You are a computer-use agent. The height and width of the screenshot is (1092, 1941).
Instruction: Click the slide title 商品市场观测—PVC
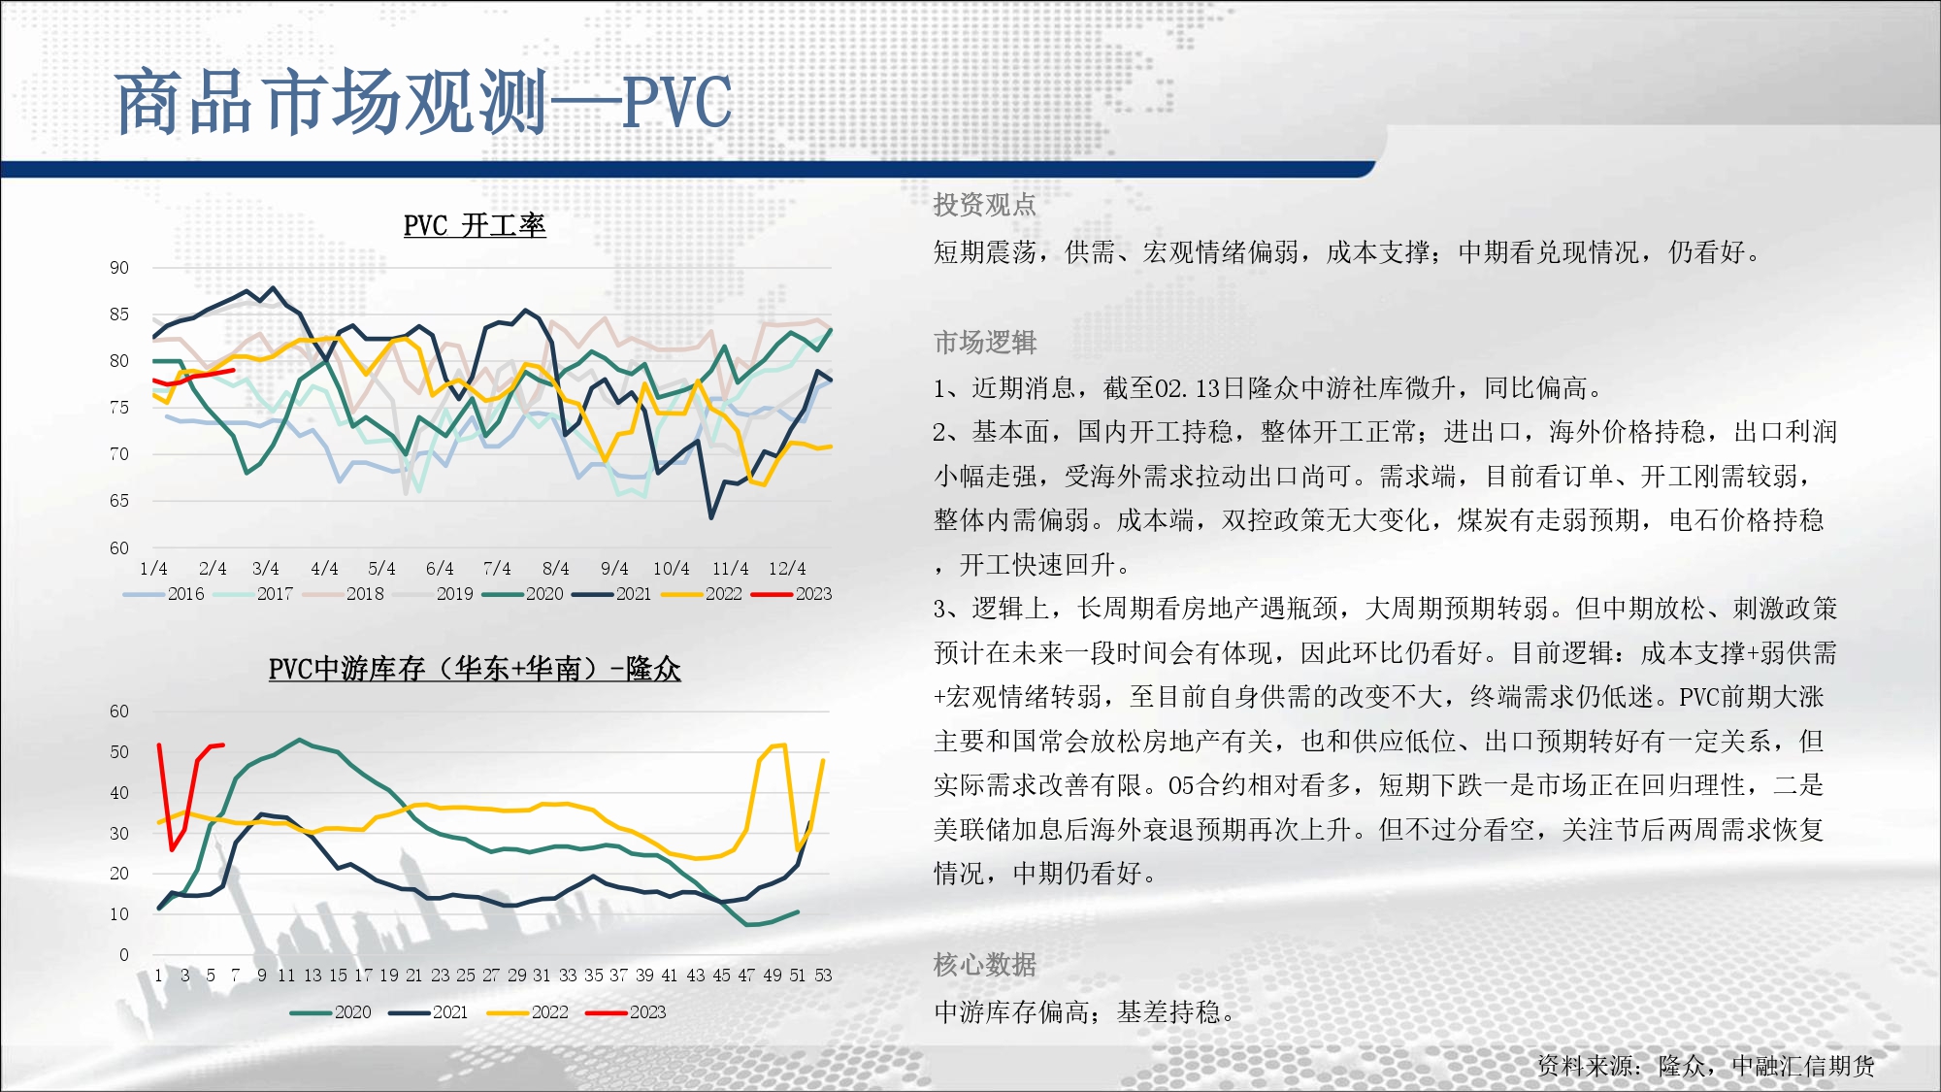point(423,102)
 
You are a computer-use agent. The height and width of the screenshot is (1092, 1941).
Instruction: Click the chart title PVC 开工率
point(475,225)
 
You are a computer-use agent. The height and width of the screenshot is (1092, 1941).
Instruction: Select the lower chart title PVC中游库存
point(475,669)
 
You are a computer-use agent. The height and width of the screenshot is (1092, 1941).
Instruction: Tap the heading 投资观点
point(984,205)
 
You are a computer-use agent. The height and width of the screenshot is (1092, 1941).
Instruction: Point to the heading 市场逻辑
point(984,342)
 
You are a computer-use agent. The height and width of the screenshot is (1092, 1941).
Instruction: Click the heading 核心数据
point(984,964)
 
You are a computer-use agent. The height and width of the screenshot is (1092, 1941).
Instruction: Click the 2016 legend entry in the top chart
point(164,594)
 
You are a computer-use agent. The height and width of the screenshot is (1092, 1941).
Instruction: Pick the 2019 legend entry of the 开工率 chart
point(434,594)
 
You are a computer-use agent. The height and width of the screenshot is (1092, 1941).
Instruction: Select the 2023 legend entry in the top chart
point(792,594)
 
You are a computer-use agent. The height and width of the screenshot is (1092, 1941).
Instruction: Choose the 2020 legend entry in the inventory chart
point(331,1012)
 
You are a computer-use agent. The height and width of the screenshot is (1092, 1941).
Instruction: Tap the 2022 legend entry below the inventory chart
point(528,1012)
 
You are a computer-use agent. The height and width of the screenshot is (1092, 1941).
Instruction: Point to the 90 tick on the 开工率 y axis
point(118,268)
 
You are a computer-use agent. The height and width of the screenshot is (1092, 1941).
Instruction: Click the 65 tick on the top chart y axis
point(118,501)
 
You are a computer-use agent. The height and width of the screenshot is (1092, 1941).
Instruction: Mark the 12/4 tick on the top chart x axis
point(787,569)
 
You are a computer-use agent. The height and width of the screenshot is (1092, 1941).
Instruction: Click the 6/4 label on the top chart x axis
point(440,569)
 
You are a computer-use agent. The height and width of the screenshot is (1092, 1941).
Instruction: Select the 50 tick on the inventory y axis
point(118,752)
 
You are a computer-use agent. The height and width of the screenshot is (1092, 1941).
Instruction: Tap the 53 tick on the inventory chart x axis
point(823,976)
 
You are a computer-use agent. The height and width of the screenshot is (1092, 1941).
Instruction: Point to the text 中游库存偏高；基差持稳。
point(1085,1012)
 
